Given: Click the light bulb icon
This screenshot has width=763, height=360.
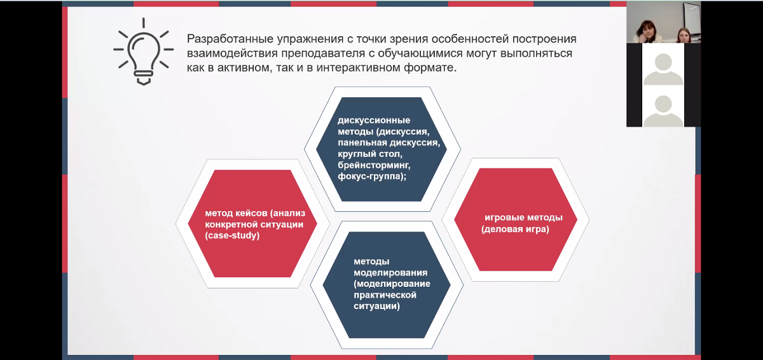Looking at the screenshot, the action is click(144, 51).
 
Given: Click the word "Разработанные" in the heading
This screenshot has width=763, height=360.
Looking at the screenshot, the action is click(230, 39).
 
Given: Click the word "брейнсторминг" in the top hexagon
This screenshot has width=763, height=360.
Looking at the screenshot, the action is click(374, 165).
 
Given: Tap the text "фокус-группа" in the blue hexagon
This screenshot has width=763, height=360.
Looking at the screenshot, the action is click(372, 177).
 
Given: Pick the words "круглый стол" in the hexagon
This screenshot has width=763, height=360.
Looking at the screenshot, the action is click(370, 154).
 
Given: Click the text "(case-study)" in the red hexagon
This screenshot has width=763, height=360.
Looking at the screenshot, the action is click(232, 236).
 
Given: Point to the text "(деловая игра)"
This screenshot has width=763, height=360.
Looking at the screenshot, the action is click(515, 229).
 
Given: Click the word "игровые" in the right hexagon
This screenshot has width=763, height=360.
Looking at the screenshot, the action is click(503, 218).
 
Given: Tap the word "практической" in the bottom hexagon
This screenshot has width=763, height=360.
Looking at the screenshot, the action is click(385, 295).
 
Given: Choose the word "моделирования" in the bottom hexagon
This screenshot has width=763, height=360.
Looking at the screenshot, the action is click(390, 273).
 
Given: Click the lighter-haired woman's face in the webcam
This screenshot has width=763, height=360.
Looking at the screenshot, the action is click(684, 36).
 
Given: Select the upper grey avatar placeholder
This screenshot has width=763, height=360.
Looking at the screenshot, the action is click(663, 69).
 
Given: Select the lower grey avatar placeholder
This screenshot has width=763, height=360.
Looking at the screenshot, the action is click(663, 111).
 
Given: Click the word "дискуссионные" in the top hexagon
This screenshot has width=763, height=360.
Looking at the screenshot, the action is click(374, 121).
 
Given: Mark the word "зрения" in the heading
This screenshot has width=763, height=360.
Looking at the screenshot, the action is click(409, 39).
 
